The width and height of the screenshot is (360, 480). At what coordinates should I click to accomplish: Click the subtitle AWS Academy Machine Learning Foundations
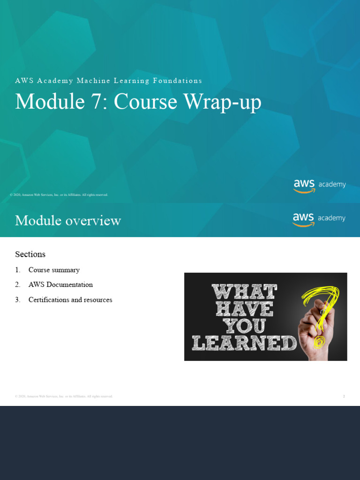(108, 81)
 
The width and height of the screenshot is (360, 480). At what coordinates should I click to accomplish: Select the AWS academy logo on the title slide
(320, 185)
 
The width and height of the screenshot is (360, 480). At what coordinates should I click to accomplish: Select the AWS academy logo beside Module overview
(319, 219)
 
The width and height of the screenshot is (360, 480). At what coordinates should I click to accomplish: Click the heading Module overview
(68, 220)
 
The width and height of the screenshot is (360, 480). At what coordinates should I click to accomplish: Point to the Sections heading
(30, 254)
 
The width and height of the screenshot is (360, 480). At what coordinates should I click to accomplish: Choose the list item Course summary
(54, 270)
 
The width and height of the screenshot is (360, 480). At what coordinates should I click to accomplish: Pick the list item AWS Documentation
(60, 285)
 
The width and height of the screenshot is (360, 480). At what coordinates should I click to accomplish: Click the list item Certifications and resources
(70, 300)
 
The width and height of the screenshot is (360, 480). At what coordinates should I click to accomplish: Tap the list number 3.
(17, 300)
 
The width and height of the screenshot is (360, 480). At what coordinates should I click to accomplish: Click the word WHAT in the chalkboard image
(244, 292)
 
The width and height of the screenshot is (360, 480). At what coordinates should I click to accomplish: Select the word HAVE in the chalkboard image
(244, 309)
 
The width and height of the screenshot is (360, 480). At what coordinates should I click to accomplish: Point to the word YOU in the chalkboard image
(244, 326)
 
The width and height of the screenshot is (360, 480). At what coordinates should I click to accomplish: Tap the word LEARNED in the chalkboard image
(244, 344)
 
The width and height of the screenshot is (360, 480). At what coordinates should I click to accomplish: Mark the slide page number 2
(344, 396)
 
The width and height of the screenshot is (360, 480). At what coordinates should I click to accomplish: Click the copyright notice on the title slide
(59, 195)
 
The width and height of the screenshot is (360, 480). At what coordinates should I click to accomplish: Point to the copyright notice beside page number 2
(64, 396)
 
